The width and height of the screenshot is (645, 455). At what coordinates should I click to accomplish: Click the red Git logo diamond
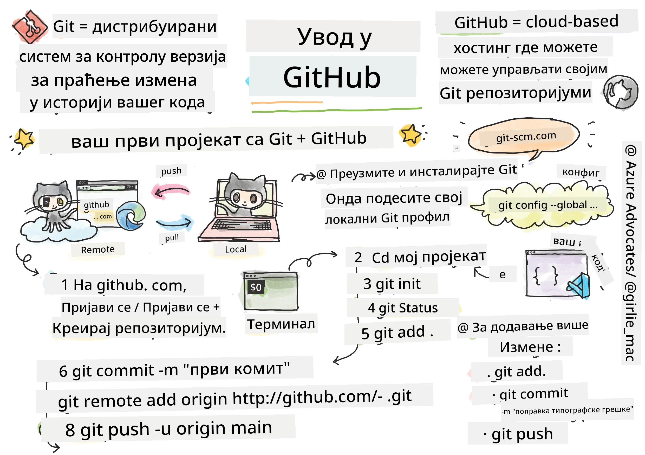(29, 27)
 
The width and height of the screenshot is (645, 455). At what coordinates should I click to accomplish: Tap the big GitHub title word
(332, 77)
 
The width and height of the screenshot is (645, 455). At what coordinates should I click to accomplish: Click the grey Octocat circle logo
(620, 92)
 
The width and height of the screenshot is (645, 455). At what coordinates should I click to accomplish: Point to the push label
(171, 171)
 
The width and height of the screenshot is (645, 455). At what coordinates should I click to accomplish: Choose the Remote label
(97, 249)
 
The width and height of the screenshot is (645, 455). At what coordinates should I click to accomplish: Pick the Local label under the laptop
(236, 249)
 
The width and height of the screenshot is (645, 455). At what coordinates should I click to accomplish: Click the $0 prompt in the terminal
(255, 287)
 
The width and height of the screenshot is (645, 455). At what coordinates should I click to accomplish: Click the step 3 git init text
(392, 284)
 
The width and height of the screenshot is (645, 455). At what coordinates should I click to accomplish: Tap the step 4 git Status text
(402, 308)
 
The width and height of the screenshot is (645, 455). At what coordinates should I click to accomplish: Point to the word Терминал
(281, 324)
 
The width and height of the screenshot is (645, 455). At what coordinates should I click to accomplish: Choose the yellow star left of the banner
(24, 139)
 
